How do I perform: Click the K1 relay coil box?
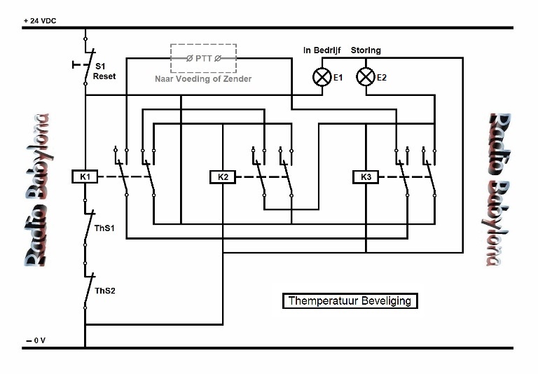click(85, 176)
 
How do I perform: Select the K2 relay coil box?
click(223, 177)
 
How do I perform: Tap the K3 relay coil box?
click(366, 177)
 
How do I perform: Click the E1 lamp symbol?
click(322, 77)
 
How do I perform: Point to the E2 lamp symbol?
click(366, 77)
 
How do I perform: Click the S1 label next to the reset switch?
click(100, 67)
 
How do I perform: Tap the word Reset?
click(104, 76)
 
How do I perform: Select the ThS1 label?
click(104, 228)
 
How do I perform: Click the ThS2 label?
click(105, 291)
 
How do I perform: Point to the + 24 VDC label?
click(40, 20)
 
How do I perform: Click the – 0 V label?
click(36, 340)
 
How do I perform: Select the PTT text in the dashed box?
click(203, 59)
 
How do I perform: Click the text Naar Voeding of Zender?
click(203, 79)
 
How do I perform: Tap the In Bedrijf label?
click(322, 50)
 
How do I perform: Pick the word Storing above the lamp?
click(366, 50)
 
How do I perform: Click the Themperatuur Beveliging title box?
click(350, 301)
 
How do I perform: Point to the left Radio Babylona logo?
click(38, 190)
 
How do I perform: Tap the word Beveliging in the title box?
click(387, 301)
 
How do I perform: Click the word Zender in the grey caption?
click(237, 79)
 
